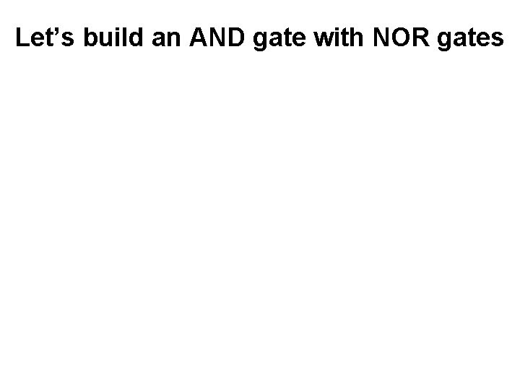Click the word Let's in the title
pyautogui.click(x=45, y=38)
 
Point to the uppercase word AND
pyautogui.click(x=216, y=38)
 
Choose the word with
pyautogui.click(x=337, y=38)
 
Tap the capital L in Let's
pyautogui.click(x=22, y=38)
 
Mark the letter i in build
pyautogui.click(x=116, y=38)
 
